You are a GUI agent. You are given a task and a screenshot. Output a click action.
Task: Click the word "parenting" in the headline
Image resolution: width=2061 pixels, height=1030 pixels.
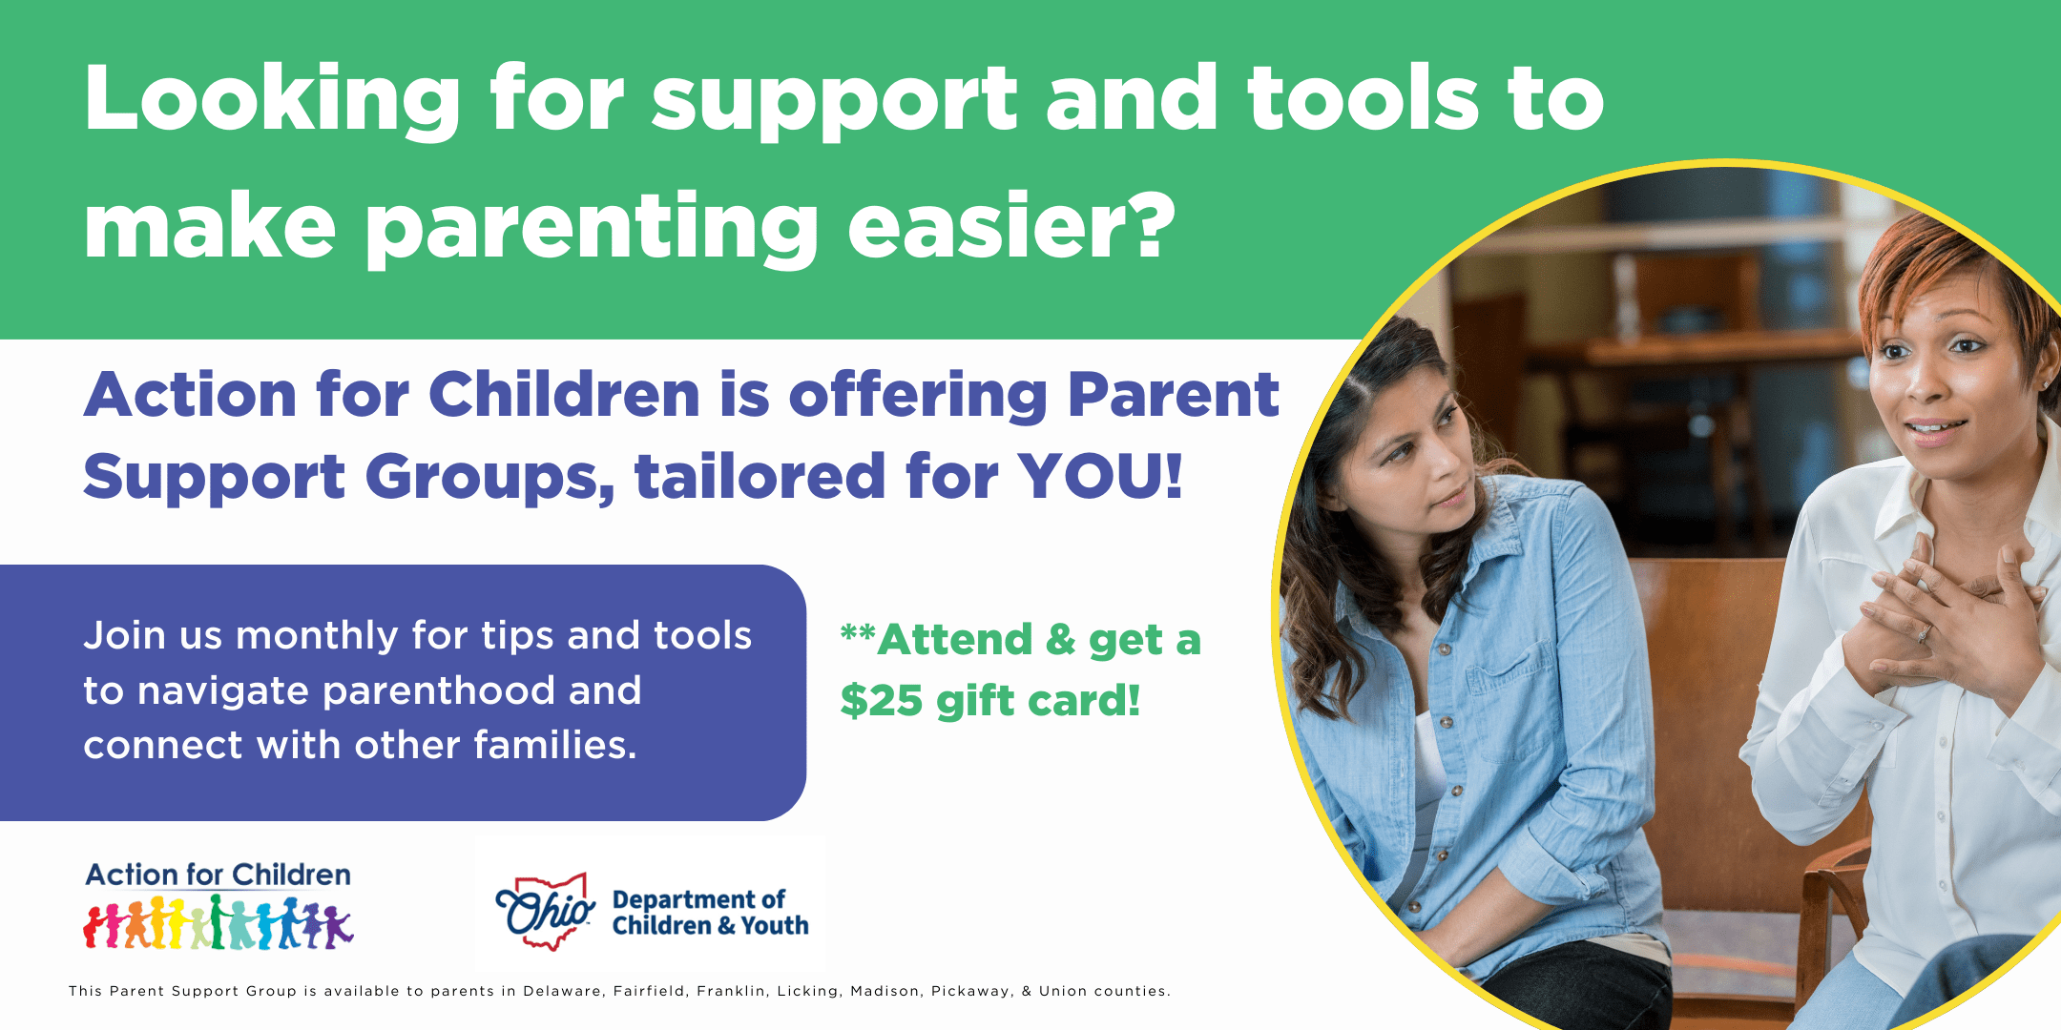[x=593, y=229]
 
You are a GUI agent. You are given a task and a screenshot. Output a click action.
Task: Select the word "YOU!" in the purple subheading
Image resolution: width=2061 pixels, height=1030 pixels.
[x=1100, y=476]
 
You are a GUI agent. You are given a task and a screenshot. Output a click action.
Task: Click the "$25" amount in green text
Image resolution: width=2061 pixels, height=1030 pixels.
[x=882, y=701]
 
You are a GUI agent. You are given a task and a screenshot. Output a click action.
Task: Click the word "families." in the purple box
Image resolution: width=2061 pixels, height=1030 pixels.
[x=555, y=744]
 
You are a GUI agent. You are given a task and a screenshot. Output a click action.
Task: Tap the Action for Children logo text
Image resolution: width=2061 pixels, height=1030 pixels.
[x=219, y=875]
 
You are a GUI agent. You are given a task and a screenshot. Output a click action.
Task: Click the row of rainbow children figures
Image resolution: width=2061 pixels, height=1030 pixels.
[x=219, y=922]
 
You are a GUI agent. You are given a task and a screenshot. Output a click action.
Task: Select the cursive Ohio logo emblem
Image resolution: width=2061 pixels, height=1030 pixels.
[x=546, y=911]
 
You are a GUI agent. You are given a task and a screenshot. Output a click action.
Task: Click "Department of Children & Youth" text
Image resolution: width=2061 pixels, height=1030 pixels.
[x=710, y=913]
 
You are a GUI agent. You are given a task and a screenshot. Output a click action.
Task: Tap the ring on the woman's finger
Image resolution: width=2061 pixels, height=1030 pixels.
[x=1924, y=631]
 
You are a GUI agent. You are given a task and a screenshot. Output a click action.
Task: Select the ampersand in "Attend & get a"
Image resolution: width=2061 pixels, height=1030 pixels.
[x=1060, y=640]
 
